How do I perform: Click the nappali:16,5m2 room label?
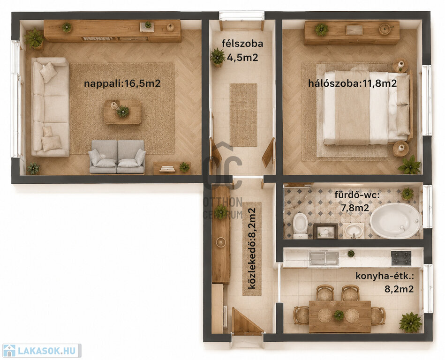(122, 83)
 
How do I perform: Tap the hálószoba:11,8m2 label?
(353, 83)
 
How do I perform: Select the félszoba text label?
(242, 44)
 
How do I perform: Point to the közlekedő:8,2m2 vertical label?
(252, 248)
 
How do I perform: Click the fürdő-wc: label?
(356, 195)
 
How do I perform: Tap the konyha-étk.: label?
(385, 276)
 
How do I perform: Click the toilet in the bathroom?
(300, 226)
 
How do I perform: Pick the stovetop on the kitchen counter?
(401, 258)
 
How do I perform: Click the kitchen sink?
(324, 258)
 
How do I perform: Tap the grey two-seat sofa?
(117, 157)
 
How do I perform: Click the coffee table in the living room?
(122, 112)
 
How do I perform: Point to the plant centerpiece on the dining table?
(339, 315)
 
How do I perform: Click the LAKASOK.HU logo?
(42, 351)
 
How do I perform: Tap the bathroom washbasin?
(354, 231)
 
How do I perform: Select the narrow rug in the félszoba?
(243, 115)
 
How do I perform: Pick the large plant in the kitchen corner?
(410, 322)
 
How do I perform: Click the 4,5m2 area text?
(242, 58)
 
